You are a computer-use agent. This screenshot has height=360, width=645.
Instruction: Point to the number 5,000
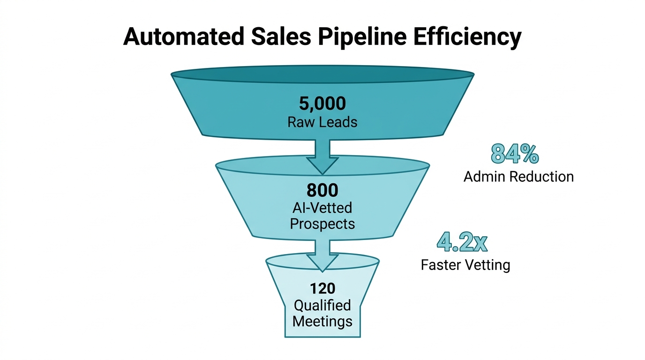point(322,104)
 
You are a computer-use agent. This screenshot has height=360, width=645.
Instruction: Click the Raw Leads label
point(322,122)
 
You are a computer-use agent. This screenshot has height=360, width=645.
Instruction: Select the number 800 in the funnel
point(322,190)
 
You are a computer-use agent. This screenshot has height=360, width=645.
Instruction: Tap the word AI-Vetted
point(322,207)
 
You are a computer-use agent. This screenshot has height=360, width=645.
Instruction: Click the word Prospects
point(322,223)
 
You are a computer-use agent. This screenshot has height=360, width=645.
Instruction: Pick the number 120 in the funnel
point(322,288)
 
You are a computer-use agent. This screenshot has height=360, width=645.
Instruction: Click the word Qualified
point(322,305)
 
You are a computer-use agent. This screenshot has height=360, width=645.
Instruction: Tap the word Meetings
point(322,322)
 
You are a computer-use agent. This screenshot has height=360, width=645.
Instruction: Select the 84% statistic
point(515,154)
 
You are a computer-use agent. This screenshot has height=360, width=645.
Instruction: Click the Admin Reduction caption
point(518,177)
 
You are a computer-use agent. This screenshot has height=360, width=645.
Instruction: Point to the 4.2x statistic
point(462,242)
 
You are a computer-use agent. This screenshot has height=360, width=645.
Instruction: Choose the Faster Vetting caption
point(465,265)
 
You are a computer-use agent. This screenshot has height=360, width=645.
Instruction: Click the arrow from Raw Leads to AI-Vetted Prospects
point(322,154)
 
